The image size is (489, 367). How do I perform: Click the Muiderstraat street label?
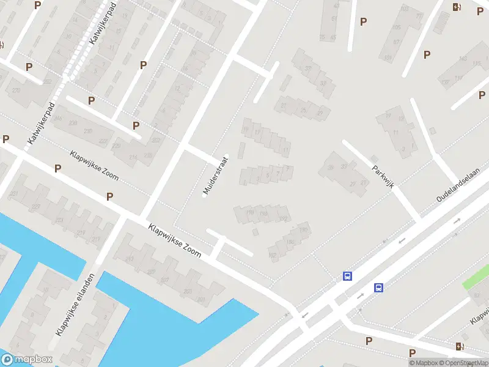(x=215, y=178)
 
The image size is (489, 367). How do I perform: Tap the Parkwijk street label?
(x=381, y=176)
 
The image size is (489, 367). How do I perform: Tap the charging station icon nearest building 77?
(x=457, y=7)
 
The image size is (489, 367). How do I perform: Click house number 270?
(x=17, y=90)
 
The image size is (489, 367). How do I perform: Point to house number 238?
(x=73, y=123)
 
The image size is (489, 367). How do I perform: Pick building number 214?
(x=133, y=158)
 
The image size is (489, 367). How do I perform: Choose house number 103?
(x=404, y=9)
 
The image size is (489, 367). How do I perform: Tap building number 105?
(x=396, y=28)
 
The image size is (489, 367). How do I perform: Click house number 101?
(x=387, y=58)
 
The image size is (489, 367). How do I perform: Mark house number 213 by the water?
(x=129, y=259)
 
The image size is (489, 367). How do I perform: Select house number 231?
(x=14, y=194)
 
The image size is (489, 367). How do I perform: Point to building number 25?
(x=303, y=110)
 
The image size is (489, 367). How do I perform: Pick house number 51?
(x=334, y=19)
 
